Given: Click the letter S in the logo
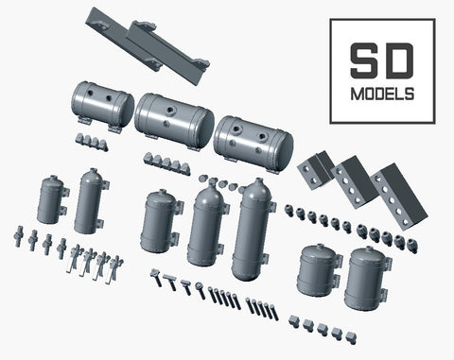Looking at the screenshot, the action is (x=364, y=60).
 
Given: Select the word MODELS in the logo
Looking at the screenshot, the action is (x=382, y=94).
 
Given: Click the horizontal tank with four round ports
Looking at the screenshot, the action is (x=253, y=143).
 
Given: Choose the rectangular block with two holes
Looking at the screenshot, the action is (x=315, y=169).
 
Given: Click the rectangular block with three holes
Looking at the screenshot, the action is (x=356, y=182).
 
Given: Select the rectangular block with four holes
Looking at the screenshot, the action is (x=399, y=197).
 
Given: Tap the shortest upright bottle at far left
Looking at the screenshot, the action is (x=52, y=199).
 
